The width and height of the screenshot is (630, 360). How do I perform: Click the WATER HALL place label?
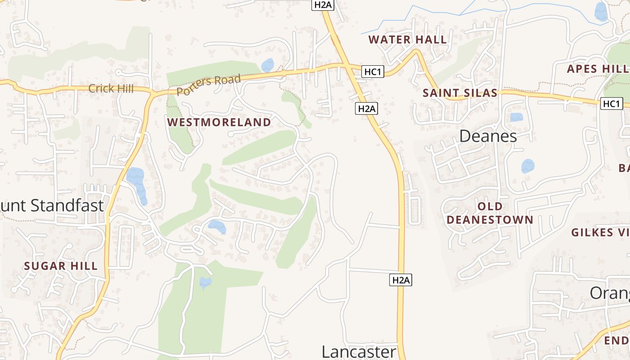408,40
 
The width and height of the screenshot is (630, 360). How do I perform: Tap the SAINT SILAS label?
460,93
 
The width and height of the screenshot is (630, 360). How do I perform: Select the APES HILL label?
598,69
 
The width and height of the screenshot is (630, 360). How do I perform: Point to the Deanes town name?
488,136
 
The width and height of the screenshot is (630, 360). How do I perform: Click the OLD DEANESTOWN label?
490,213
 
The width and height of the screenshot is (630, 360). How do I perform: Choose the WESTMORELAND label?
219,122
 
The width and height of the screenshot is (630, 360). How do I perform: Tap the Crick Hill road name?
111,88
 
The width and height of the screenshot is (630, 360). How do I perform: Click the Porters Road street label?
208,85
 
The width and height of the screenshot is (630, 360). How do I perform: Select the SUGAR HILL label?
61,265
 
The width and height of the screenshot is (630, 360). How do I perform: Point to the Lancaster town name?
359,351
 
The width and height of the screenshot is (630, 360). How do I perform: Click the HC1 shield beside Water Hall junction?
373,72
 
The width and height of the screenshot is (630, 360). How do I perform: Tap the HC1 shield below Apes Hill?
612,103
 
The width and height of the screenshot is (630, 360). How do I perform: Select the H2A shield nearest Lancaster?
400,280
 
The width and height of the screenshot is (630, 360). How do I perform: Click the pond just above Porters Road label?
267,65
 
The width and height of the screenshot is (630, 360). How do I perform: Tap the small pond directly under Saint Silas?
517,117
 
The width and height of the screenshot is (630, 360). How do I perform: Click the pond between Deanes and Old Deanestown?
527,166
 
